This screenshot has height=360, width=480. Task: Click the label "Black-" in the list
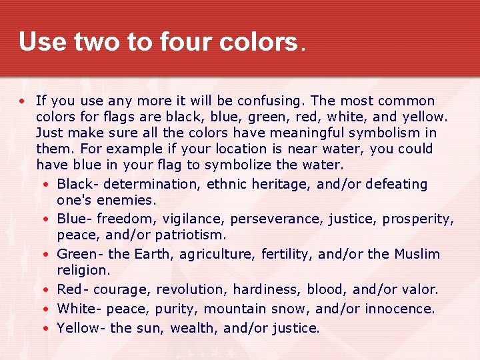point(79,184)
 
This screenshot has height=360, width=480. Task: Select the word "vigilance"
point(191,219)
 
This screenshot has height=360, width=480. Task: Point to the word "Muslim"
point(417,254)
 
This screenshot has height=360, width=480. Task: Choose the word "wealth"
point(195,328)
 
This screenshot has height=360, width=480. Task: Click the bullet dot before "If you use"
point(22,101)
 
